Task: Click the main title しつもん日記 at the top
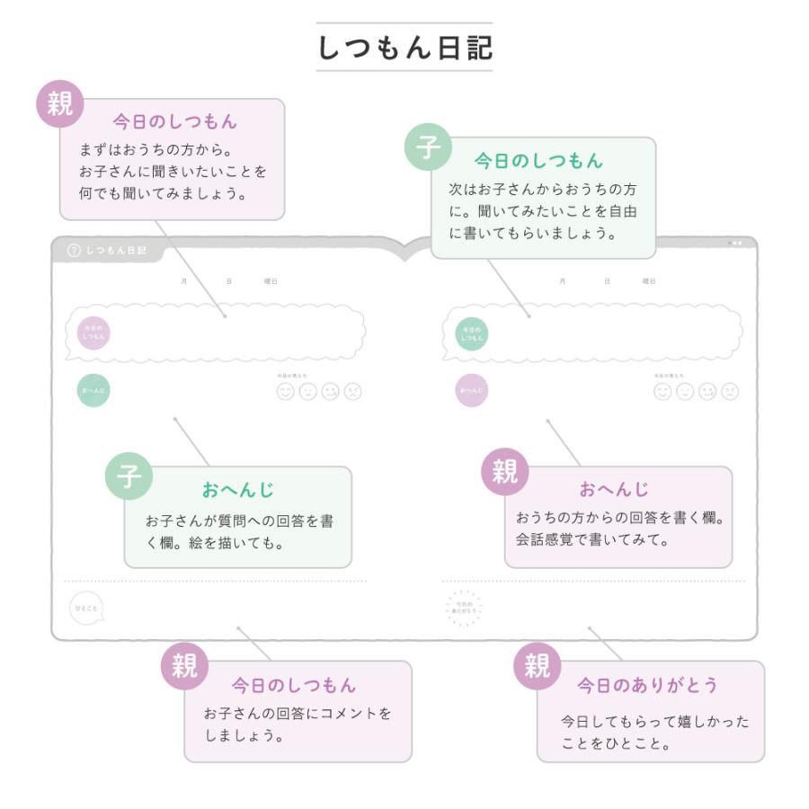(404, 48)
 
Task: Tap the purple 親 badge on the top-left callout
(59, 105)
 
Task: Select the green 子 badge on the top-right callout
(428, 147)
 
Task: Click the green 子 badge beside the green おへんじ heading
(129, 476)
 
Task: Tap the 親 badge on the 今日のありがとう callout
(537, 666)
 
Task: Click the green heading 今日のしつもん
(538, 162)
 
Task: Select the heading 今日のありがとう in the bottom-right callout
(647, 685)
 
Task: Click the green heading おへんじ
(237, 490)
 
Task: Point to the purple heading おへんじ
(614, 490)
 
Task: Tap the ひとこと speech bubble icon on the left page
(86, 609)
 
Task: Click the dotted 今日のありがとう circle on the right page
(464, 609)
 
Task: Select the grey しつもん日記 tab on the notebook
(108, 251)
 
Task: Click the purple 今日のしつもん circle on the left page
(93, 333)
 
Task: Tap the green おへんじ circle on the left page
(93, 390)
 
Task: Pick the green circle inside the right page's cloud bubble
(471, 333)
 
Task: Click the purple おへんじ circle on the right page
(471, 390)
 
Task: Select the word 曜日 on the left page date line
(271, 281)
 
